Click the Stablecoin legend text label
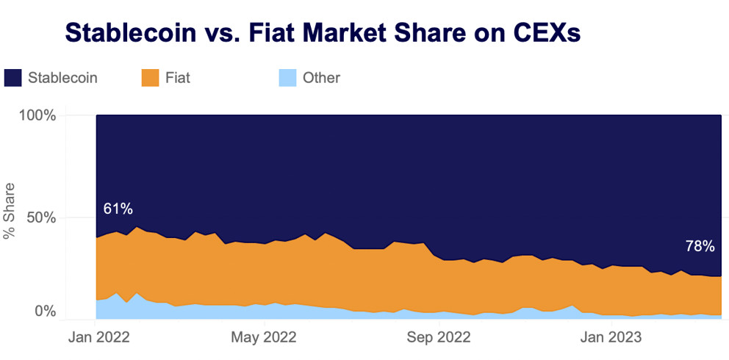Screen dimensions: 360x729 coord(62,77)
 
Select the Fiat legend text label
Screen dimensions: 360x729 coord(177,77)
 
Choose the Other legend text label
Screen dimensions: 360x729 coord(321,77)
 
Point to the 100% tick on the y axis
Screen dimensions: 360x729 coord(36,116)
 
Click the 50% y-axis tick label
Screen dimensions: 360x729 coord(40,217)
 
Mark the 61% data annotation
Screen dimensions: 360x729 coord(118,209)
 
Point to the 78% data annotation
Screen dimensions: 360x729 coord(700,246)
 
